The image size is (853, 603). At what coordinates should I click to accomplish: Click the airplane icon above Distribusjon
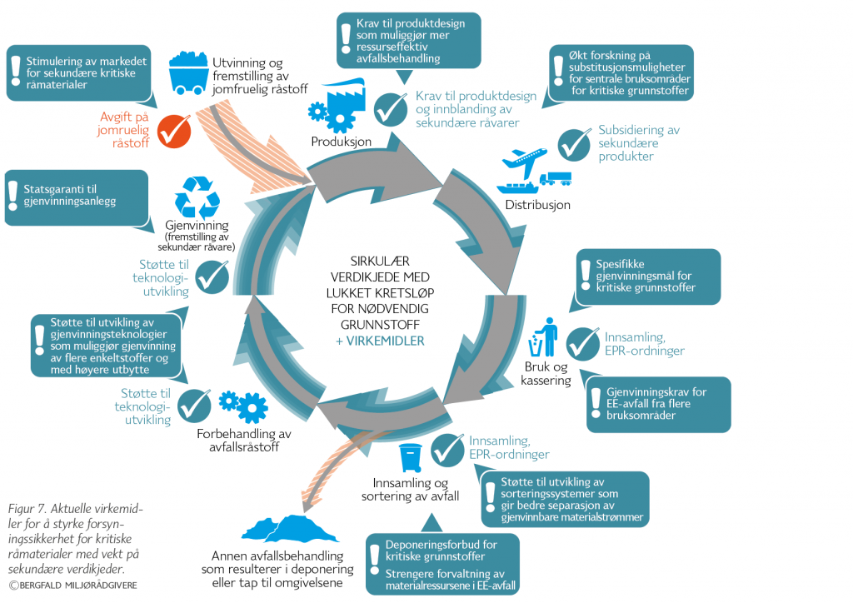[525, 158]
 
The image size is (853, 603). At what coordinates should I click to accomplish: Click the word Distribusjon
[537, 205]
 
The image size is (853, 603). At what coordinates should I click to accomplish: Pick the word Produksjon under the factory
[342, 141]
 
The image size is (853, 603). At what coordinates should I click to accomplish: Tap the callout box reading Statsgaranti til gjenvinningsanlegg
[76, 197]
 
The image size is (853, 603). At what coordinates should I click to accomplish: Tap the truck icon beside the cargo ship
[556, 179]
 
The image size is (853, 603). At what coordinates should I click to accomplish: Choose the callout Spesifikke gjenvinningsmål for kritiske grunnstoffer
[641, 276]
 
